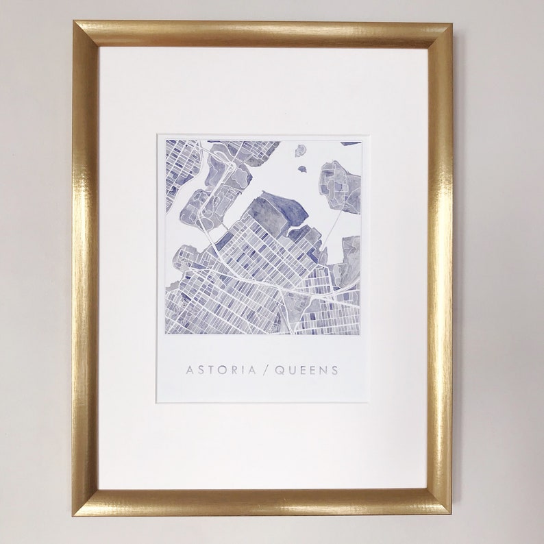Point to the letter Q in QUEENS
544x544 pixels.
point(279,371)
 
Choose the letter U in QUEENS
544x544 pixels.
point(290,371)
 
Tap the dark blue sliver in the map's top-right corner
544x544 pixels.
point(351,143)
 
